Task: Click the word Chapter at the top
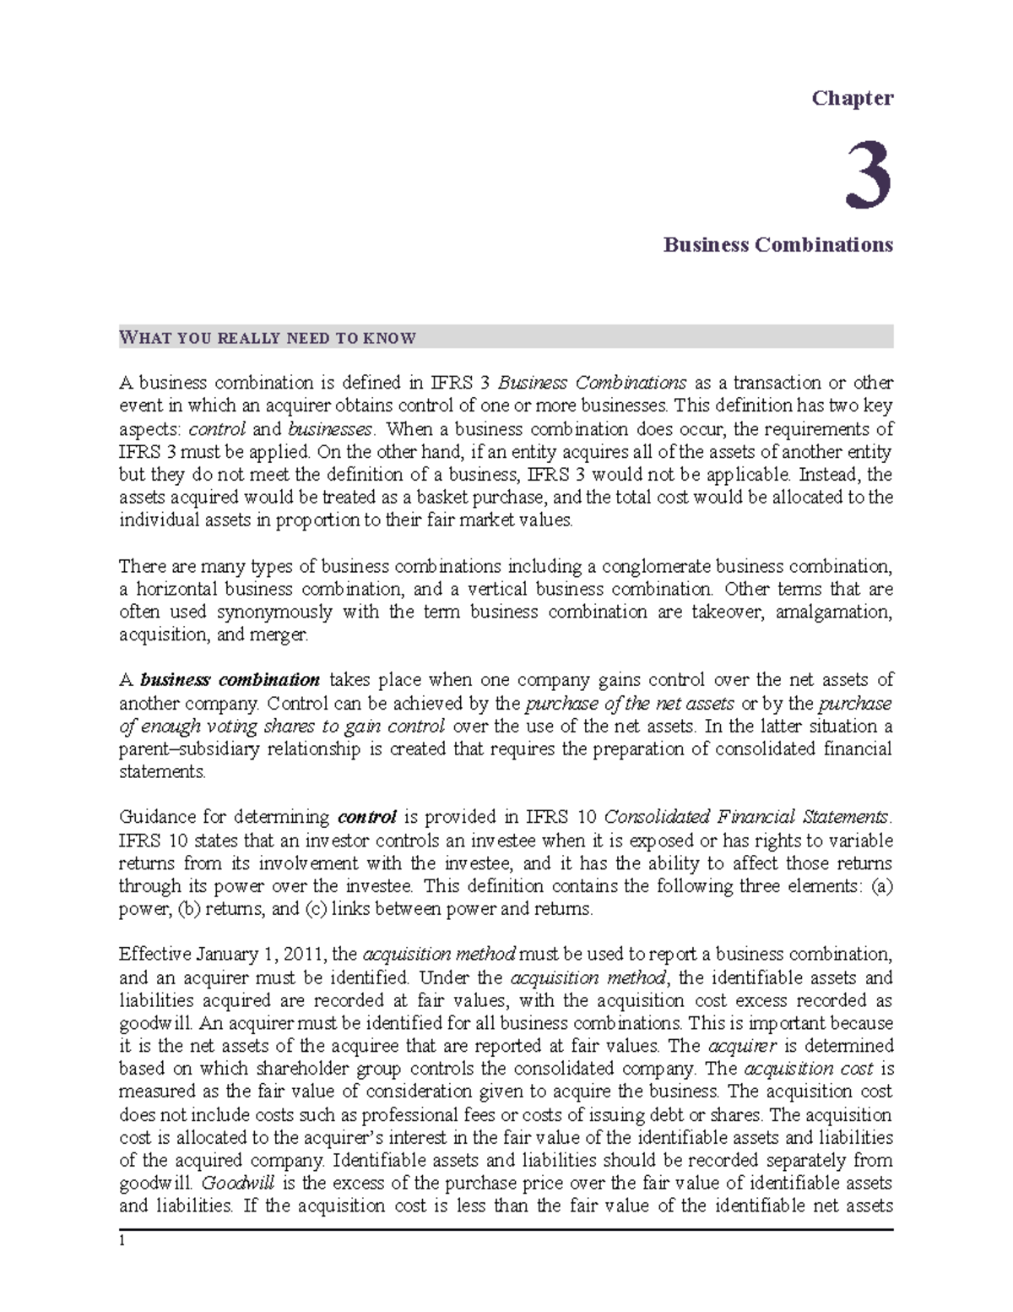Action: point(852,99)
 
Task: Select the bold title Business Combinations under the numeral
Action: point(777,245)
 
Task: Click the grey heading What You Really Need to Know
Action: point(268,338)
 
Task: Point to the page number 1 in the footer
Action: point(122,1241)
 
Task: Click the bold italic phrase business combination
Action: point(230,680)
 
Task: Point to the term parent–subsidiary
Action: point(176,749)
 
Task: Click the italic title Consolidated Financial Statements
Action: point(746,817)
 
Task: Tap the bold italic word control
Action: point(366,817)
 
